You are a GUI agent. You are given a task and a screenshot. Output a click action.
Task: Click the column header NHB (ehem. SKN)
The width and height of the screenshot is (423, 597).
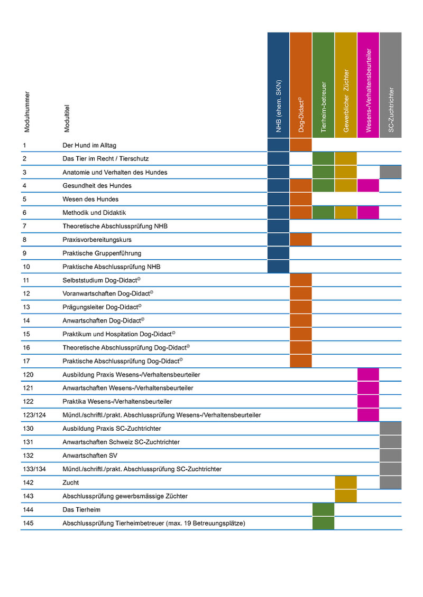point(279,85)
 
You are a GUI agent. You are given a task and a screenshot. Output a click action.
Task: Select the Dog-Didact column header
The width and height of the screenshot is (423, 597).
point(301,85)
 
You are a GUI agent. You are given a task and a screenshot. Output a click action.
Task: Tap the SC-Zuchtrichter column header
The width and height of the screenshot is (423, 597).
point(391,85)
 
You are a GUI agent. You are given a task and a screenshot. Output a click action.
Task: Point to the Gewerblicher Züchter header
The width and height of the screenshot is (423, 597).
point(346,85)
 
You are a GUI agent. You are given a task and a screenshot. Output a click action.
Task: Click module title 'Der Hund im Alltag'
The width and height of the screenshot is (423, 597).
point(89,146)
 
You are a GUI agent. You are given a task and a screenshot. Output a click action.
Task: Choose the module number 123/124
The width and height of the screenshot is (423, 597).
point(34,415)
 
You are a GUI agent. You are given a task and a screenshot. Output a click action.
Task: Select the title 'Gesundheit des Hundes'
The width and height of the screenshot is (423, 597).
point(97,186)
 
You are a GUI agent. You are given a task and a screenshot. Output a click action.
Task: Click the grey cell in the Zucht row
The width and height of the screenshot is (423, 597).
point(391,482)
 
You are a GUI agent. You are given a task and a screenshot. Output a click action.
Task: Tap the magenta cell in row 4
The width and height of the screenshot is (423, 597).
point(368,185)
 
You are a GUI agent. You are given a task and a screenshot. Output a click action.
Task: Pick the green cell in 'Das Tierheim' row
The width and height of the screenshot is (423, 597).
point(324,509)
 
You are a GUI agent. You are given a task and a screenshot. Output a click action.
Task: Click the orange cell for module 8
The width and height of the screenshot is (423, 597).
point(301,240)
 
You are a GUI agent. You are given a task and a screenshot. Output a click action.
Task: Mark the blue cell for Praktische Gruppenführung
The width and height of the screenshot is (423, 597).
point(279,253)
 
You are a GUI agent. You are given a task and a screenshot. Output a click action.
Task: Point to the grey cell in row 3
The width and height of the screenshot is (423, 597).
point(391,172)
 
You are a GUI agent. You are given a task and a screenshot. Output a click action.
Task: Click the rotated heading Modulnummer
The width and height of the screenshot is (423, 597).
point(26,112)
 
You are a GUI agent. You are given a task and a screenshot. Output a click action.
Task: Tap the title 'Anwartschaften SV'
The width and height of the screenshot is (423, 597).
point(90,456)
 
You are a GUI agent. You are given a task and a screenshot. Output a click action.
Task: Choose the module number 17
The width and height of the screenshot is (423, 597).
point(26,362)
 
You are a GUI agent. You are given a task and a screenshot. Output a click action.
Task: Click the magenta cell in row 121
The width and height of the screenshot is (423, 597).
point(368,388)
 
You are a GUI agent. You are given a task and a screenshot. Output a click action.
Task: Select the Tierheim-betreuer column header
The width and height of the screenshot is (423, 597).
point(324,85)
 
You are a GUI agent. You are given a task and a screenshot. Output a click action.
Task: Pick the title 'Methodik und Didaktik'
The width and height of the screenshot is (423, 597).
point(94,213)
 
